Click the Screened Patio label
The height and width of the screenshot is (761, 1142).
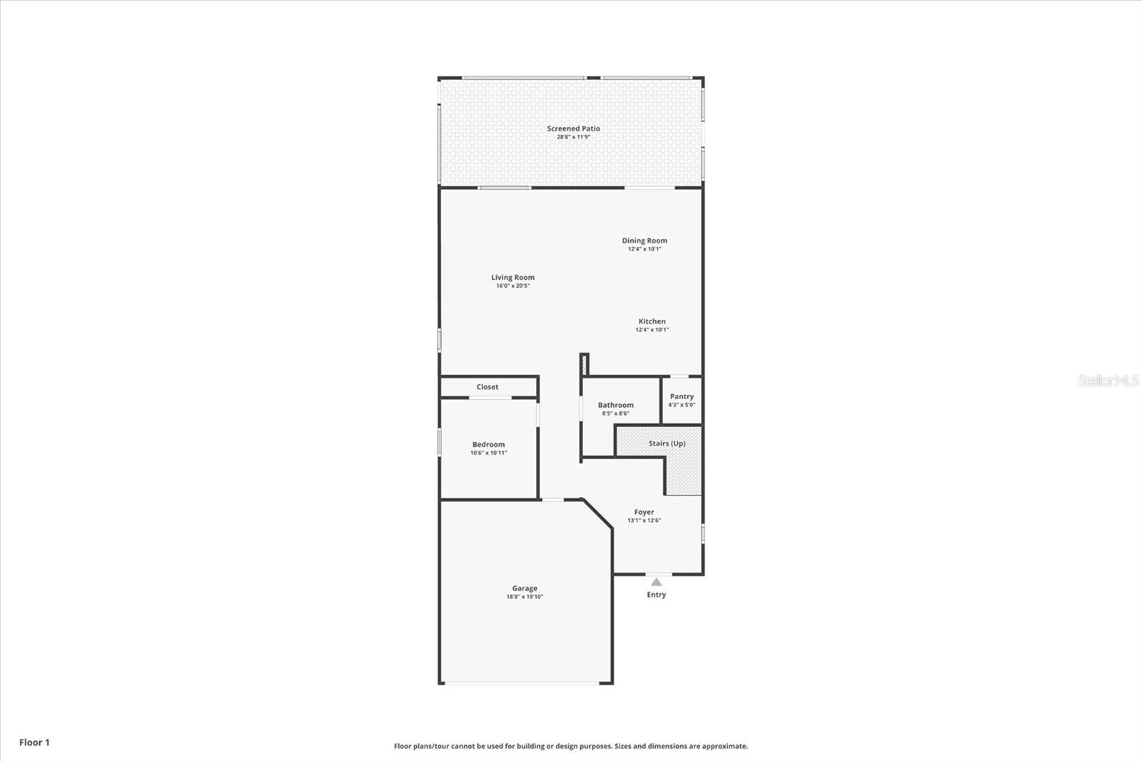(x=573, y=128)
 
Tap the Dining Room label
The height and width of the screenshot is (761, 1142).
(x=645, y=241)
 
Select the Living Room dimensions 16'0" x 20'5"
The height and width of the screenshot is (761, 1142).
(x=512, y=286)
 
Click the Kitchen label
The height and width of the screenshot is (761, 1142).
(x=652, y=321)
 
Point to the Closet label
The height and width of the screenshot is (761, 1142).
(x=487, y=387)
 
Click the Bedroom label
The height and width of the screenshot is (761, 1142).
(x=488, y=444)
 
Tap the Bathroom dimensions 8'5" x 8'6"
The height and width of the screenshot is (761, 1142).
(x=615, y=413)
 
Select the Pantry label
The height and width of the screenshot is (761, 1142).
(x=682, y=396)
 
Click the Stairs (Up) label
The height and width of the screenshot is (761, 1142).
(x=667, y=443)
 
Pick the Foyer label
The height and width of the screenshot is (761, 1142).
(x=644, y=512)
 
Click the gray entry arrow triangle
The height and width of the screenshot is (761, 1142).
(x=656, y=583)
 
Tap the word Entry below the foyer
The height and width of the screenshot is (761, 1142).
(x=656, y=595)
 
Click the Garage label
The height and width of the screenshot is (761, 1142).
(x=525, y=588)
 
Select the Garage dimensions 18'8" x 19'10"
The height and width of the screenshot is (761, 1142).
(x=525, y=597)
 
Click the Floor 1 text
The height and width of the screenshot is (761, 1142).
(x=34, y=742)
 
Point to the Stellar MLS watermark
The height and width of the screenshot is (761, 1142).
(x=1108, y=380)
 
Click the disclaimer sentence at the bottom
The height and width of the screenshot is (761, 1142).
(x=571, y=746)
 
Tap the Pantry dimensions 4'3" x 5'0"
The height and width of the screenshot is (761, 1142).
(x=682, y=405)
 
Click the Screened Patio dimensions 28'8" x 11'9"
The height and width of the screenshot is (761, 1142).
(x=573, y=137)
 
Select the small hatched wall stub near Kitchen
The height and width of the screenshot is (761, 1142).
(x=584, y=364)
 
